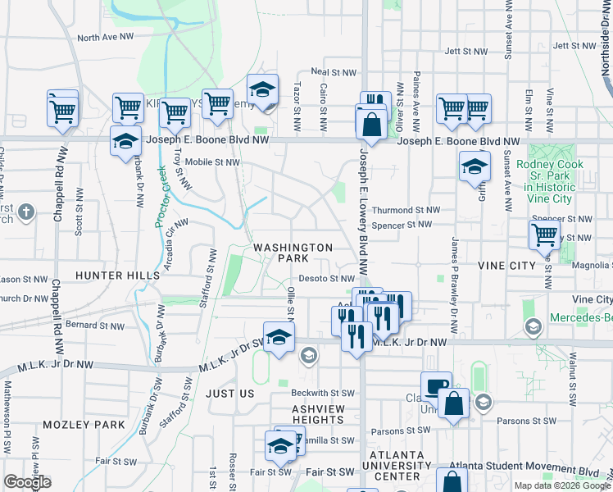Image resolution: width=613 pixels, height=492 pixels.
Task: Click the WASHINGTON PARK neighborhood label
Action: pos(293,252)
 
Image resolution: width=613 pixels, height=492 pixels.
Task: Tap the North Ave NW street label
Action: pos(106,38)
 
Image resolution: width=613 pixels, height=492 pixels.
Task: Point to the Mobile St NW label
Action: pos(212,162)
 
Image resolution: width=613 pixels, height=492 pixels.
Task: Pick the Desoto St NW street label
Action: pos(325,279)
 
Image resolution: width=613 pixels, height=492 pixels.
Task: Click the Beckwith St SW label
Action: pos(323,394)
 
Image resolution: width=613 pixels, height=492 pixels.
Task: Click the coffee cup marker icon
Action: pos(436,385)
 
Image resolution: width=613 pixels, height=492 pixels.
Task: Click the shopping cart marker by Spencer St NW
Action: pos(545,234)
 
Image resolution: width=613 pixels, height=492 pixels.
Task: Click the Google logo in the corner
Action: pos(27,482)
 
